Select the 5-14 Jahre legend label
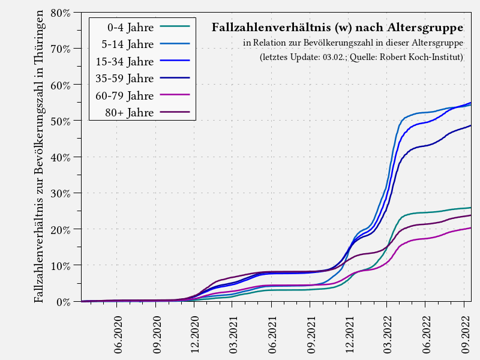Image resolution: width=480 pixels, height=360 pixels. coord(128,44)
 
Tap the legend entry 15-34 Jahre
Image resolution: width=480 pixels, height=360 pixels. coord(125,61)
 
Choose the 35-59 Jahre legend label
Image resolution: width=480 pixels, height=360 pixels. coord(125,78)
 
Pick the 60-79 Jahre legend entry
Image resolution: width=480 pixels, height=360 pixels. coord(125,95)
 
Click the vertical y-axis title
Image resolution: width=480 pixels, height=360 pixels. coord(40,156)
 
